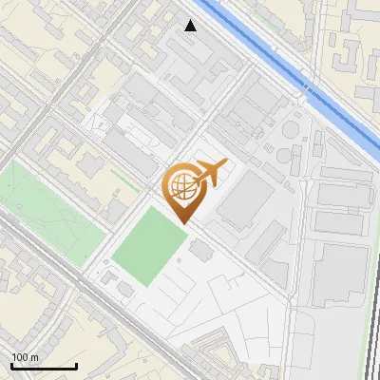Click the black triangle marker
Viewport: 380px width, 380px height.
click(x=191, y=26)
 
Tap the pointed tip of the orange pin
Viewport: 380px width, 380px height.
click(x=182, y=223)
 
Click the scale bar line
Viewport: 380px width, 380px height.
click(x=44, y=366)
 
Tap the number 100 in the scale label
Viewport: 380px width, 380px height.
click(x=21, y=357)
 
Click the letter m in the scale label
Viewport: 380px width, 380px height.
click(x=35, y=357)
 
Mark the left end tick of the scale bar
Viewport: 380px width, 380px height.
click(x=11, y=364)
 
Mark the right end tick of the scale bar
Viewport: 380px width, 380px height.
click(x=76, y=364)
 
